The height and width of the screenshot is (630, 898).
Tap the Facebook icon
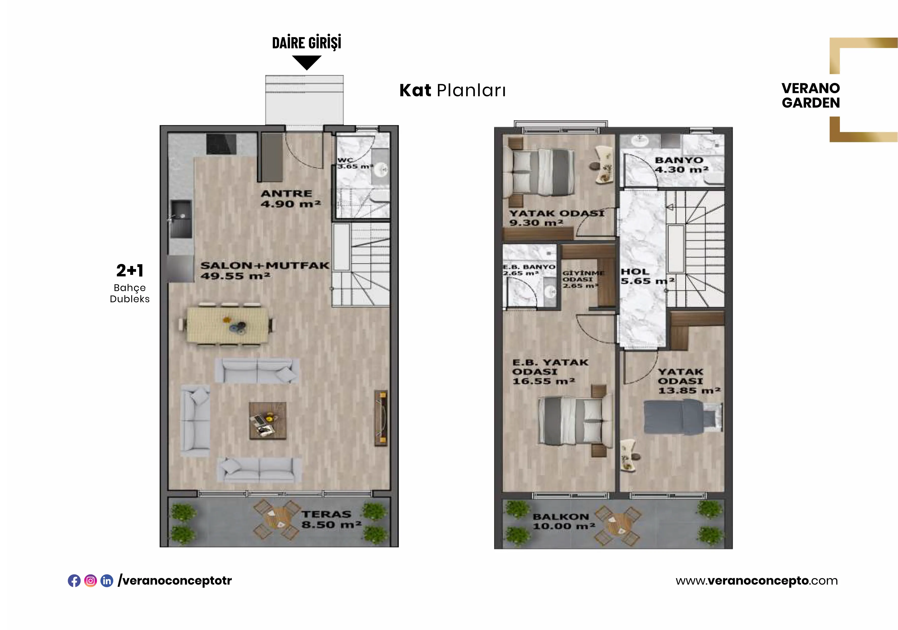pos(74,581)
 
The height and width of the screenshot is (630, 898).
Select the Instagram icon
pos(90,581)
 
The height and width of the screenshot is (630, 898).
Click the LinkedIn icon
pos(107,581)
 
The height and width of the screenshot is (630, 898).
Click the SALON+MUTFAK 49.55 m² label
pos(265,270)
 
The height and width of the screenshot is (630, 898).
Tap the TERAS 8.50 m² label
pos(331,519)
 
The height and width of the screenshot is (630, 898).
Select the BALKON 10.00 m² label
pos(564,521)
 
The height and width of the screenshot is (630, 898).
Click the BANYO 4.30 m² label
pos(682,165)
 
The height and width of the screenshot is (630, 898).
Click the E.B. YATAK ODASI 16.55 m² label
pos(550,372)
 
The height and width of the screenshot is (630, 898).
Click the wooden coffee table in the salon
pos(268,421)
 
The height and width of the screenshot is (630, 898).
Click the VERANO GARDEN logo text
pos(811,95)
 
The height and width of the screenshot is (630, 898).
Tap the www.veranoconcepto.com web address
pos(756,581)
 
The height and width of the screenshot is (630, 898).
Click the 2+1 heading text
pos(130,270)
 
